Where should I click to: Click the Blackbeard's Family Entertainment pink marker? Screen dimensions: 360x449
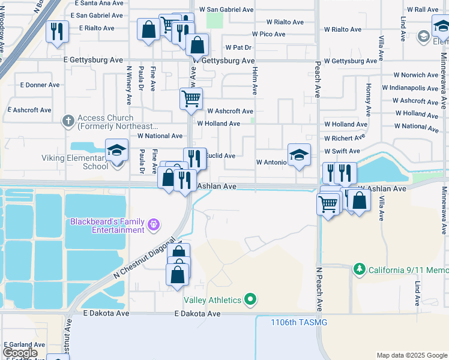(x=154, y=225)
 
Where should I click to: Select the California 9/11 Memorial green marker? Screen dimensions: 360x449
(x=360, y=269)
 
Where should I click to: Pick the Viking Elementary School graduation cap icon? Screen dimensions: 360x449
(x=117, y=150)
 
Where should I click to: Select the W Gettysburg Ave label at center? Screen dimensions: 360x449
(x=223, y=61)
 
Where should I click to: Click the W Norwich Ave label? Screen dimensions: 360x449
(x=416, y=75)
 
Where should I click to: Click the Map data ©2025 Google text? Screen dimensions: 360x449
(x=411, y=355)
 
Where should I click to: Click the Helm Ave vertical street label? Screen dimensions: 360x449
(x=255, y=81)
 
